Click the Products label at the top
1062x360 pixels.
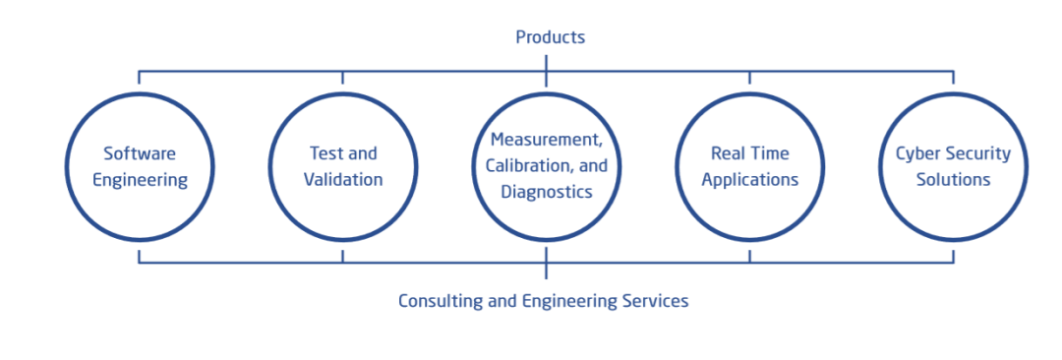click(x=550, y=36)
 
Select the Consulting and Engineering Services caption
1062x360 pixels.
click(x=543, y=301)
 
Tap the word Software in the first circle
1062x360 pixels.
click(x=140, y=153)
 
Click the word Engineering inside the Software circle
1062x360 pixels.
click(x=140, y=180)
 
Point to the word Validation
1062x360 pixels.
click(x=343, y=180)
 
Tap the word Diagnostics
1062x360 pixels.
click(x=547, y=193)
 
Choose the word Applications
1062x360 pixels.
click(x=749, y=180)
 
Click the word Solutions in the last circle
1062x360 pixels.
click(x=953, y=180)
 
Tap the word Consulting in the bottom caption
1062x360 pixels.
click(x=441, y=301)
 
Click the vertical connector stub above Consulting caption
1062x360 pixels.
click(x=546, y=263)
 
